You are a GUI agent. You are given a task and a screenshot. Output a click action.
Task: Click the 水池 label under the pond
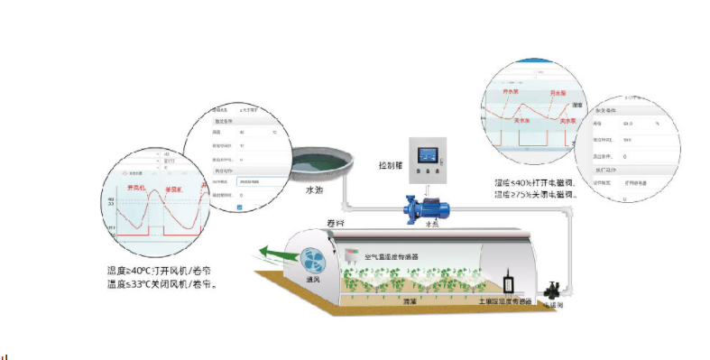click(313, 190)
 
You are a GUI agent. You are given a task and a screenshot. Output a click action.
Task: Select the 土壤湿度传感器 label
click(505, 300)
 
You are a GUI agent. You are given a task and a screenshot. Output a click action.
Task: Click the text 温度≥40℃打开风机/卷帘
click(165, 271)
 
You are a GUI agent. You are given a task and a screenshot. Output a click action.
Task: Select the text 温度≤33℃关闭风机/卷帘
click(165, 284)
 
